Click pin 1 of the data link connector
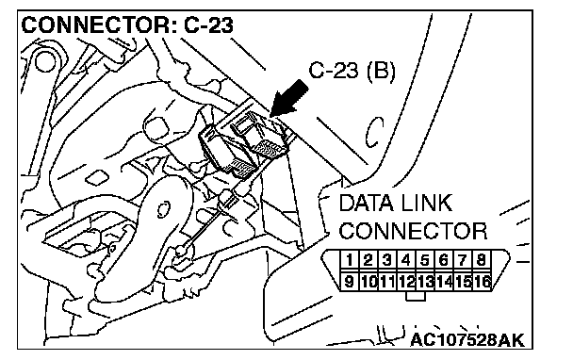tap(350, 260)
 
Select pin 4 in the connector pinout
tap(405, 260)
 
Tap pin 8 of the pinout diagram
tap(482, 260)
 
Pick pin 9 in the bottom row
tap(350, 281)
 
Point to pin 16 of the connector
tap(482, 281)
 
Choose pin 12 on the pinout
tap(405, 281)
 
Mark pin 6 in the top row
tap(444, 260)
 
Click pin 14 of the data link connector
tap(444, 281)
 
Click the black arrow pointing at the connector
tap(289, 99)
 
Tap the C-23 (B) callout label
tap(352, 71)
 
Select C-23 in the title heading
tap(208, 25)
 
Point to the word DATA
tap(367, 204)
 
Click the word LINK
tap(427, 204)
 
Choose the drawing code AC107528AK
tap(467, 340)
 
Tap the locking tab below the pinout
tap(416, 296)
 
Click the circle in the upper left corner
tap(45, 60)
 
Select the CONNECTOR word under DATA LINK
tap(414, 231)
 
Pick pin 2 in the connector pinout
tap(368, 260)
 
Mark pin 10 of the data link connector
tap(368, 281)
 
